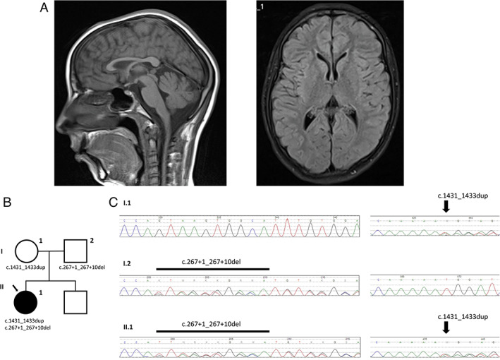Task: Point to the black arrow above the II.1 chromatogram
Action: pyautogui.click(x=445, y=326)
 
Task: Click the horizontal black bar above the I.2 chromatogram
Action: pyautogui.click(x=213, y=269)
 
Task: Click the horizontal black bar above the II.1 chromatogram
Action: pyautogui.click(x=213, y=330)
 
